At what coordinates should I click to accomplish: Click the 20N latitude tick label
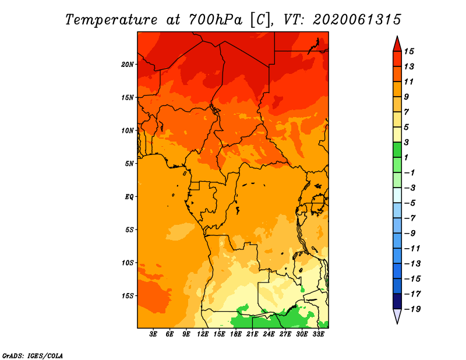pyautogui.click(x=128, y=65)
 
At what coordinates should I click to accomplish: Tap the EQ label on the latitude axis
pyautogui.click(x=129, y=197)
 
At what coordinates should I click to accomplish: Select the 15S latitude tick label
pyautogui.click(x=128, y=296)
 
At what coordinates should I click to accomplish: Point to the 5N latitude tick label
pyautogui.click(x=129, y=164)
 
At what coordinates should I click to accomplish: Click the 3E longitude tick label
pyautogui.click(x=153, y=334)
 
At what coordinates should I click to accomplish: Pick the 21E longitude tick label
pyautogui.click(x=252, y=334)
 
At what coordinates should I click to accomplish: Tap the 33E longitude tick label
pyautogui.click(x=318, y=334)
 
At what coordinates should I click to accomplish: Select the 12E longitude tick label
pyautogui.click(x=202, y=334)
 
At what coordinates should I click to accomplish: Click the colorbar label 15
pyautogui.click(x=409, y=51)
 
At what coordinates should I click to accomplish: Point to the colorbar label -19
pyautogui.click(x=412, y=309)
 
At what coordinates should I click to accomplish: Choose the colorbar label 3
pyautogui.click(x=407, y=142)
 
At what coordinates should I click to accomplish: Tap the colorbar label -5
pyautogui.click(x=410, y=203)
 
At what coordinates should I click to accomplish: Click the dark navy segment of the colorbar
pyautogui.click(x=397, y=301)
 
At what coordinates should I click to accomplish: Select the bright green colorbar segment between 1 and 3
pyautogui.click(x=397, y=150)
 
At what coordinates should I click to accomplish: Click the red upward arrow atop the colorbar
pyautogui.click(x=397, y=44)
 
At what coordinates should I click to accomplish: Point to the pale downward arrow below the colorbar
pyautogui.click(x=397, y=316)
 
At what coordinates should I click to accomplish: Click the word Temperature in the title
pyautogui.click(x=111, y=20)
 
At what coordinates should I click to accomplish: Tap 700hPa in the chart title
pyautogui.click(x=216, y=20)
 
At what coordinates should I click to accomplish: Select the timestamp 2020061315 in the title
pyautogui.click(x=356, y=20)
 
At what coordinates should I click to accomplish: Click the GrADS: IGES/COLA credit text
pyautogui.click(x=33, y=355)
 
